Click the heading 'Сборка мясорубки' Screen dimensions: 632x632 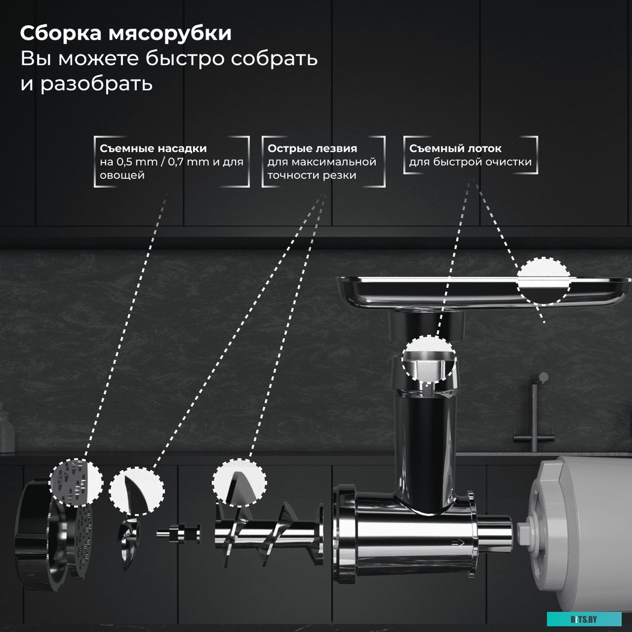pos(126,33)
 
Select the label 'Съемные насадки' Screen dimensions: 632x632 pos(153,148)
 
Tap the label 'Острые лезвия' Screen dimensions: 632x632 pos(312,148)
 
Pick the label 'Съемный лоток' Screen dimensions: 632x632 pos(455,148)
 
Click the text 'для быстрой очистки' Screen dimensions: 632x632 pos(470,162)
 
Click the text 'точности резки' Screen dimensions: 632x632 pos(312,175)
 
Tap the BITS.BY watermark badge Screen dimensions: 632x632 pos(584,619)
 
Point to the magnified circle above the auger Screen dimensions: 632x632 pos(240,482)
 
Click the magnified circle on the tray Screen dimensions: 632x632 pos(542,280)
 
